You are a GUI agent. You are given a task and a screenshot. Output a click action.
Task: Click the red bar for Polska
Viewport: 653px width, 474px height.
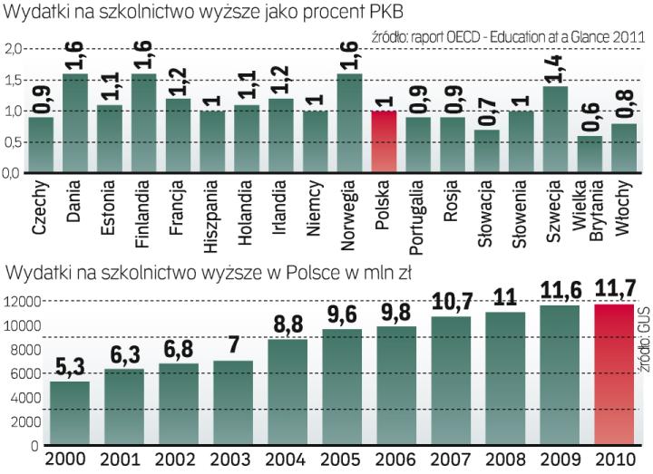[x=385, y=141]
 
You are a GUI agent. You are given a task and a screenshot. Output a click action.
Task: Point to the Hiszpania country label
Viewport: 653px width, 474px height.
[x=212, y=218]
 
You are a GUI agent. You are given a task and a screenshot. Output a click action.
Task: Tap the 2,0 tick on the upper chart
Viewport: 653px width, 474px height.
[x=11, y=49]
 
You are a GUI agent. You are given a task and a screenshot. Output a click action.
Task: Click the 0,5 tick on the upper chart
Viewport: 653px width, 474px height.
[x=11, y=142]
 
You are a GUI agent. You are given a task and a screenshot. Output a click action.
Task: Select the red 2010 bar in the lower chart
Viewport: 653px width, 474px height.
[x=619, y=374]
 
